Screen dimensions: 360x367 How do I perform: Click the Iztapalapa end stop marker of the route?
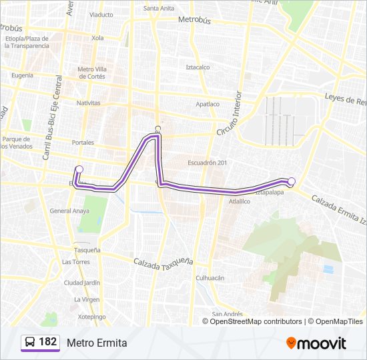coord(291,181)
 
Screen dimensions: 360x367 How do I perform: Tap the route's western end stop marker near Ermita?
coord(79,169)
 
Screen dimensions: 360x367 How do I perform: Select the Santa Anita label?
coord(159,9)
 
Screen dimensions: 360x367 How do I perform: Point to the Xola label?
coord(97,38)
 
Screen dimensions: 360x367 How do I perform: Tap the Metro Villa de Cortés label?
coord(91,72)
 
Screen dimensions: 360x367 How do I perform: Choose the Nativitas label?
coord(88,103)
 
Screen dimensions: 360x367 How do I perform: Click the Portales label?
coord(83,143)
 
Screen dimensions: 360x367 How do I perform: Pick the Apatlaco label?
coord(207,104)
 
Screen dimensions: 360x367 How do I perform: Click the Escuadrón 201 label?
coord(208,163)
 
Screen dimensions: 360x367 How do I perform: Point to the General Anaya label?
coord(69,211)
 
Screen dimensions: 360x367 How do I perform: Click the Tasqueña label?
coord(87,250)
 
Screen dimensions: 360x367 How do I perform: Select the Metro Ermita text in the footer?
coord(96,343)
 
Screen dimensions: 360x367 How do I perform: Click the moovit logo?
coord(316,343)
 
